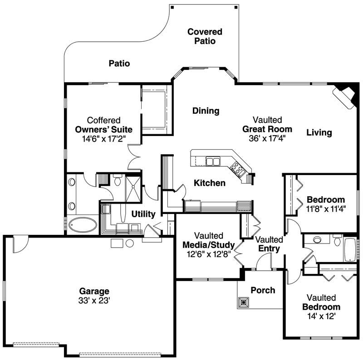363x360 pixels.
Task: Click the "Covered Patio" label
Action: coord(205,36)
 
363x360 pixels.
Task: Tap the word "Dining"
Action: coord(206,111)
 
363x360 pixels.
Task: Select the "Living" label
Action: coord(319,133)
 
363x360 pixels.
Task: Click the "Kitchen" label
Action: coord(210,183)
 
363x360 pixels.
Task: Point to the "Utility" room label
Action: coord(143,214)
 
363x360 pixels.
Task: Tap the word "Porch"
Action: coord(263,290)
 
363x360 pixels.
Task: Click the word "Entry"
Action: coord(269,248)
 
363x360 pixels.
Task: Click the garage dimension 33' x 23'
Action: coord(94,300)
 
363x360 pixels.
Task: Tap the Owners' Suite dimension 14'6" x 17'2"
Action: coord(103,138)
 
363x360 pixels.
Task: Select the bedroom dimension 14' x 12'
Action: coord(321,316)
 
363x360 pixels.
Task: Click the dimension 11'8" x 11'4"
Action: coord(326,209)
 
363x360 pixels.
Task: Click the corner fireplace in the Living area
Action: coord(344,96)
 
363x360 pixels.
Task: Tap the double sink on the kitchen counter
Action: coord(212,161)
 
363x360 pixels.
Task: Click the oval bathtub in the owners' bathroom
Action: coord(83,224)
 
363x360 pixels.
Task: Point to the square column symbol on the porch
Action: coord(244,302)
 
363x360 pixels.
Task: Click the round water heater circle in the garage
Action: coord(130,243)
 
